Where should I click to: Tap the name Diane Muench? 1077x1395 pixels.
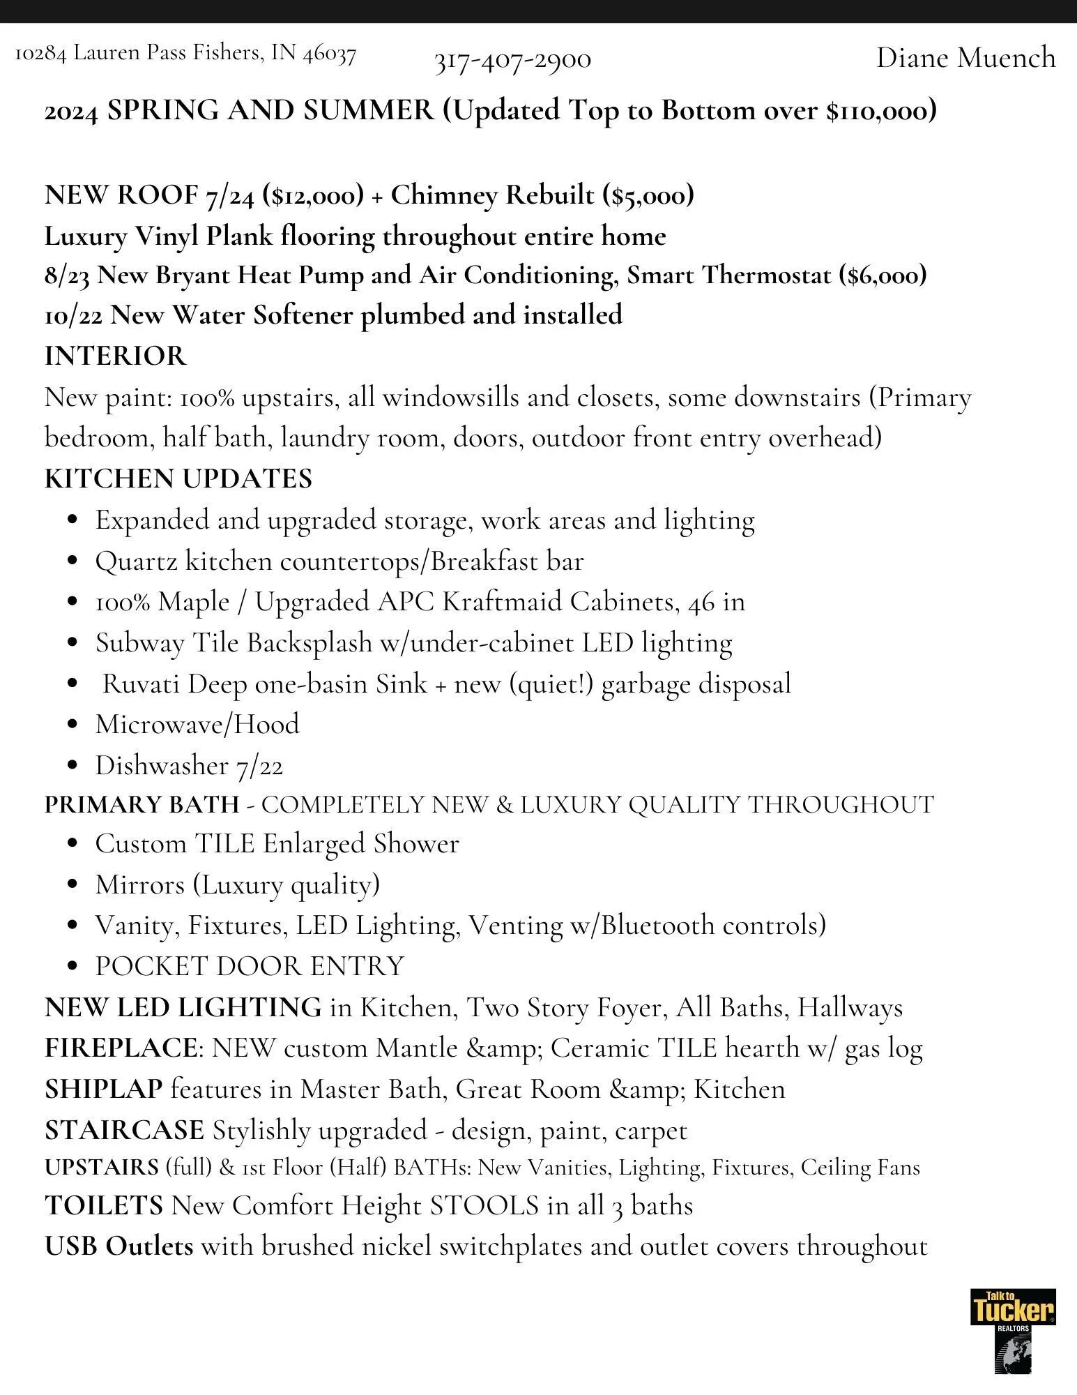[965, 57]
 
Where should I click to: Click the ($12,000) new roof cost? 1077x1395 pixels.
[313, 195]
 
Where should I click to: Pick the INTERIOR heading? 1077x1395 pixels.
[115, 356]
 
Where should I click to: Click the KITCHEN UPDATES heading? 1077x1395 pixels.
[178, 479]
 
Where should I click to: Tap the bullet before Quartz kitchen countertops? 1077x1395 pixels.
[72, 562]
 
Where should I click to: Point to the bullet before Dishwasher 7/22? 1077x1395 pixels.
[72, 767]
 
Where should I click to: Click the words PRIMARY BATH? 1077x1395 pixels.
[142, 804]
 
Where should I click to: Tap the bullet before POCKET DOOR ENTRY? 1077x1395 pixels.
[72, 967]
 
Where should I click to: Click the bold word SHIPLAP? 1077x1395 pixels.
[103, 1089]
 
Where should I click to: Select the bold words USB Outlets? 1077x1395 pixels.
[119, 1246]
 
